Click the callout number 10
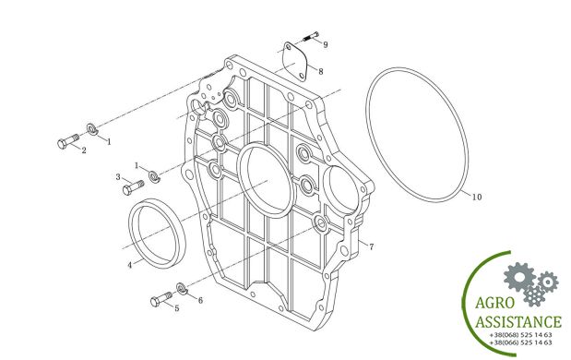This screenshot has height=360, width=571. pos(477,198)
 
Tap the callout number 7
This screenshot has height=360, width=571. pos(371,246)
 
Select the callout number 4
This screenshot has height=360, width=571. pos(130,265)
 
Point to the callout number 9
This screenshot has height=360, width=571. pos(326,44)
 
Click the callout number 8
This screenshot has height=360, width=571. pos(320,71)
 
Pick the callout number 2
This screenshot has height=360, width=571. pos(84,150)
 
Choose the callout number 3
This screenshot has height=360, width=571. pos(118,177)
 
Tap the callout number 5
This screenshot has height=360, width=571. pos(176,308)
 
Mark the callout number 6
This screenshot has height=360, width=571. pos(200,300)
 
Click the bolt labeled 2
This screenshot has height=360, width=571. pos(68,141)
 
